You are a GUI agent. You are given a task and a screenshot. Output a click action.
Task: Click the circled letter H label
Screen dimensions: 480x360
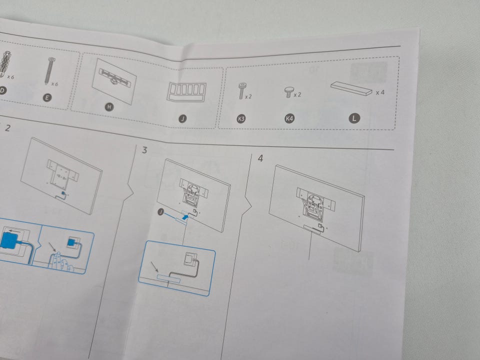pos(109,107)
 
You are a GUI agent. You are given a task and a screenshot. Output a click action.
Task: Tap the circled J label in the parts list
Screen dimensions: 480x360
pos(183,118)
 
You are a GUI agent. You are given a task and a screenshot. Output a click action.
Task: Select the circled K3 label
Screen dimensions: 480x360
pos(241,118)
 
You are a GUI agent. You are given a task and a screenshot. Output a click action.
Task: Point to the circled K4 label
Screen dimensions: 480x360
pos(289,118)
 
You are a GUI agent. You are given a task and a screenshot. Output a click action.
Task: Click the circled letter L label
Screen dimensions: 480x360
pos(354,118)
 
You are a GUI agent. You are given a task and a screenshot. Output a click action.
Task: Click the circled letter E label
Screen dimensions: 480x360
pos(47,97)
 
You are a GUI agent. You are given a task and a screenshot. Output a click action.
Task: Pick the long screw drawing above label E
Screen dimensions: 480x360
pos(49,70)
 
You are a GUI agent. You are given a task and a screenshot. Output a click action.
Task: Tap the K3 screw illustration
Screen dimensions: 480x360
pos(242,90)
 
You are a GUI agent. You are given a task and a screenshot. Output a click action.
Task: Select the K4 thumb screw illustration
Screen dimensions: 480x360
pos(288,92)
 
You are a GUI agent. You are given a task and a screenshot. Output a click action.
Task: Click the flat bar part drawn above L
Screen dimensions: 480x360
pos(351,88)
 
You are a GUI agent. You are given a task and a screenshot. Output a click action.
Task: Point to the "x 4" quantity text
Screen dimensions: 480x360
pos(380,92)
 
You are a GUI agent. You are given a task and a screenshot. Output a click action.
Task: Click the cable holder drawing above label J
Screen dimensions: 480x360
pos(186,91)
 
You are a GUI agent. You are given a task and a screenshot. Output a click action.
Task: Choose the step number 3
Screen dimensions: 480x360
pos(145,150)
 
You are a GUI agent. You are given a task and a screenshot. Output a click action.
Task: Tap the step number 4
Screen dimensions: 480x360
pos(260,158)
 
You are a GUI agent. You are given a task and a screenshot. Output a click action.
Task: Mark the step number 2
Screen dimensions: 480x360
pos(7,128)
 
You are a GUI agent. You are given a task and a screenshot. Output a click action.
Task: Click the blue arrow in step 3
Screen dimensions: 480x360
pos(184,217)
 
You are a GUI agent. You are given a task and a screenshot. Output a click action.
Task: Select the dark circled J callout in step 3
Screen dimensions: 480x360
pos(161,212)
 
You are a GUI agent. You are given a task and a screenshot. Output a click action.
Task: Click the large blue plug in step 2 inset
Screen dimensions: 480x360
pos(8,241)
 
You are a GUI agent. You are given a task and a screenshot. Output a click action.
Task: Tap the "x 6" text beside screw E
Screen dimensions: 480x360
pos(55,84)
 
